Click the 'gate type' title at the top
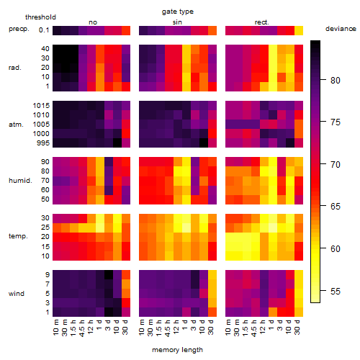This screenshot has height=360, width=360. [178, 12]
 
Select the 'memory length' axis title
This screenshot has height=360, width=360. [177, 350]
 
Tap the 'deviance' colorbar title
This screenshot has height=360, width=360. [341, 29]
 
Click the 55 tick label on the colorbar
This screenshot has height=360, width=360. [336, 292]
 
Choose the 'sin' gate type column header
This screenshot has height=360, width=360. [177, 22]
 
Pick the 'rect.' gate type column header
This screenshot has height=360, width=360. [262, 22]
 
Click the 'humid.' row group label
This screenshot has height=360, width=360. [20, 181]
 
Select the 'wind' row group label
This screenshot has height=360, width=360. [17, 294]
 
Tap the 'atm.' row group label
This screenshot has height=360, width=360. [16, 125]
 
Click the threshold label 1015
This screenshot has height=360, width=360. [41, 106]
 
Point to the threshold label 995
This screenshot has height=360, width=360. [43, 143]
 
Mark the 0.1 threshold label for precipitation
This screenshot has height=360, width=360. [44, 30]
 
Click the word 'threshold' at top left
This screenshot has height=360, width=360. [40, 17]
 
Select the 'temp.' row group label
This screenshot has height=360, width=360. [18, 236]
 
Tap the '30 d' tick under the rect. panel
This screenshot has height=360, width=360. [297, 327]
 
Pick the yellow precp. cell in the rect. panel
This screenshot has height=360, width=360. [299, 30]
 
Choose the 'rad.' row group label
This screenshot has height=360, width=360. [15, 68]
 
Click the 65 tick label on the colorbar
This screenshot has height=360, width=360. [336, 207]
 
